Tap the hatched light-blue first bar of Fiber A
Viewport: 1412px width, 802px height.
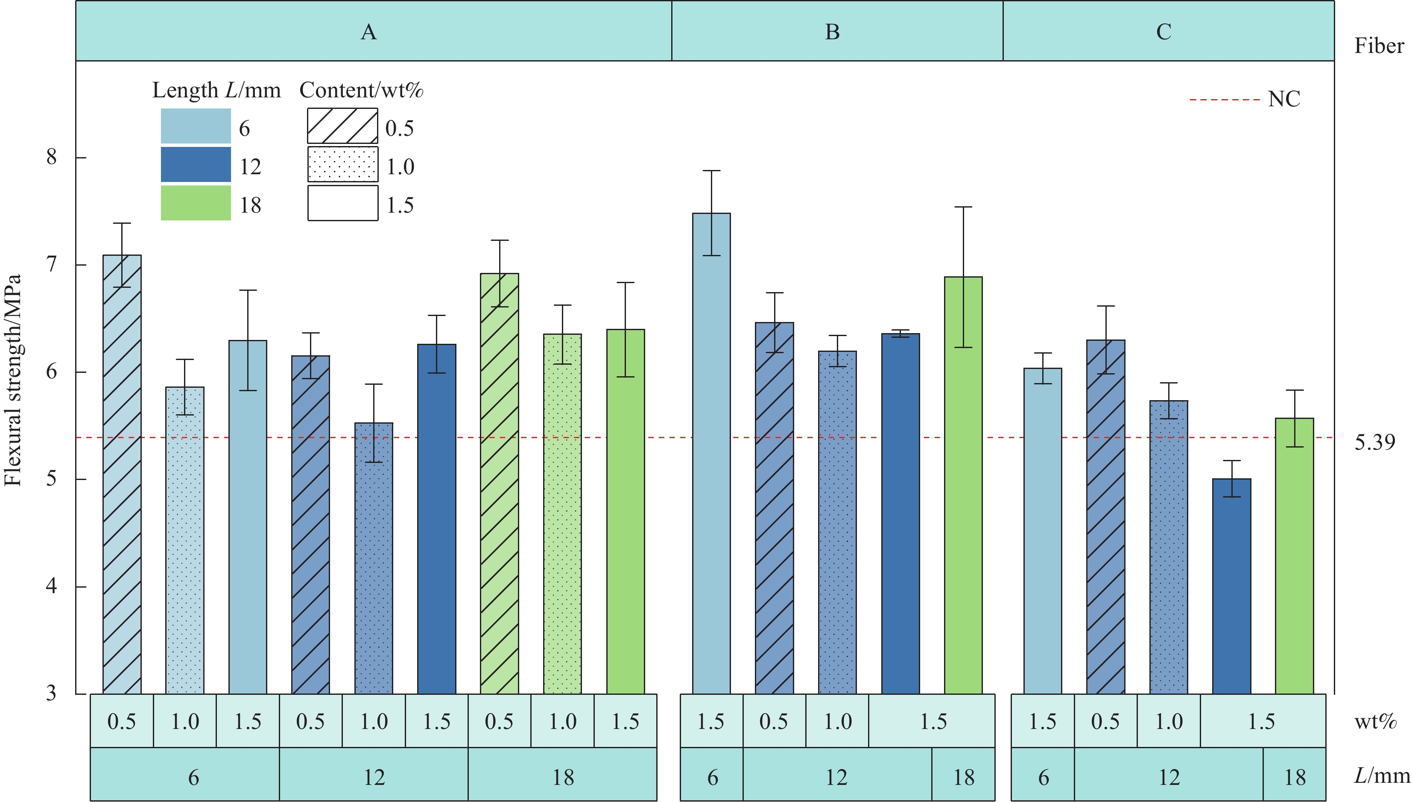pyautogui.click(x=122, y=474)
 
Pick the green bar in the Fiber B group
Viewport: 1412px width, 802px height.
pyautogui.click(x=963, y=485)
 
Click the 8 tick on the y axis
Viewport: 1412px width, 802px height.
pyautogui.click(x=51, y=158)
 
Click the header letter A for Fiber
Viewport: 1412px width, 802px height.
pyautogui.click(x=368, y=32)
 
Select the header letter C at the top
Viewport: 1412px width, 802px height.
pyautogui.click(x=1163, y=32)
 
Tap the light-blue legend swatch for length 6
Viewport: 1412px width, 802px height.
pyautogui.click(x=196, y=126)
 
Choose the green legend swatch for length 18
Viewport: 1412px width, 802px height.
pyautogui.click(x=196, y=203)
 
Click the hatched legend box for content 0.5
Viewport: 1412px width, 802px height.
pyautogui.click(x=342, y=126)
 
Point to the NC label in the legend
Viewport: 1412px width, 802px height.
pyautogui.click(x=1283, y=100)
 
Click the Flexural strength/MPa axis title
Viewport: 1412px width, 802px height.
pyautogui.click(x=13, y=380)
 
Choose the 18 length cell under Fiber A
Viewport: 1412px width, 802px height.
pyautogui.click(x=562, y=777)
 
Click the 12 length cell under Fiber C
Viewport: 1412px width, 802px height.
pyautogui.click(x=1169, y=777)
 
